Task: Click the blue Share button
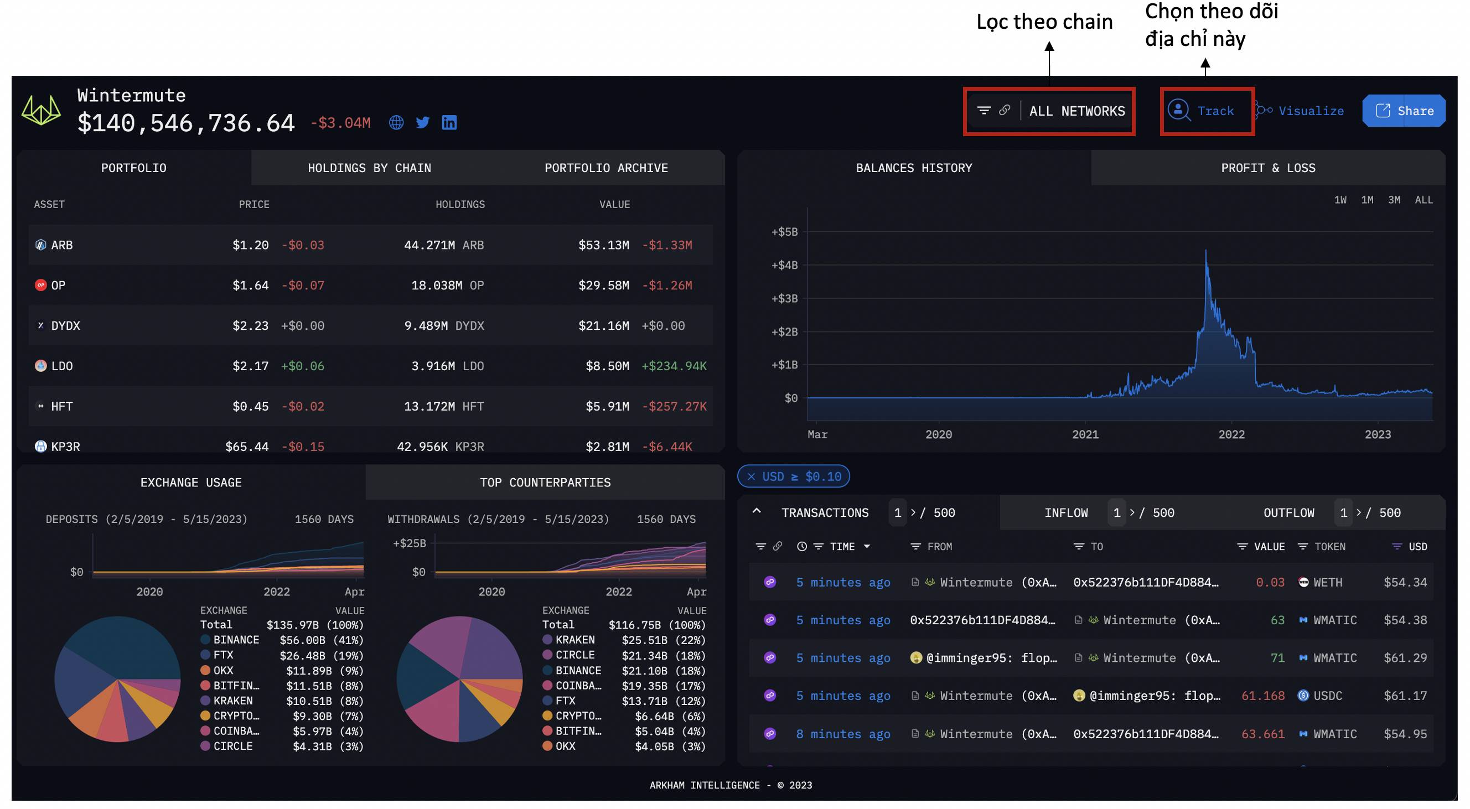[x=1403, y=111]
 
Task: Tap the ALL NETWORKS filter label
[x=1077, y=111]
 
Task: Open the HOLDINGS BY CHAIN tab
[x=369, y=168]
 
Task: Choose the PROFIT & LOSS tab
[x=1268, y=168]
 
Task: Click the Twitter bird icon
[x=423, y=123]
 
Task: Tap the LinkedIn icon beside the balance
[x=449, y=123]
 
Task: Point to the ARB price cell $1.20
[x=250, y=245]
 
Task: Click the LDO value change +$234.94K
[x=674, y=366]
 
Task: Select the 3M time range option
[x=1394, y=200]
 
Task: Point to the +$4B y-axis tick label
[x=785, y=265]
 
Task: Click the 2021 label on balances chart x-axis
[x=1085, y=435]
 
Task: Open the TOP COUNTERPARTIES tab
[x=545, y=483]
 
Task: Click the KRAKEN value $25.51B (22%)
[x=664, y=640]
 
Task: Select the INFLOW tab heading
[x=1066, y=513]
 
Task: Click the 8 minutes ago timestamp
[x=843, y=734]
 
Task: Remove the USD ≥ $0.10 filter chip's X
[x=751, y=476]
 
